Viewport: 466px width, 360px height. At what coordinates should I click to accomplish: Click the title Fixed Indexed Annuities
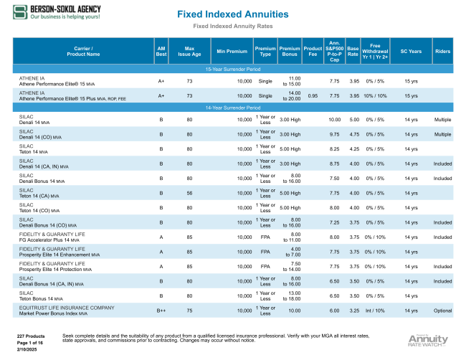[232, 14]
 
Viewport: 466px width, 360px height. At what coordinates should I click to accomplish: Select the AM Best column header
[161, 50]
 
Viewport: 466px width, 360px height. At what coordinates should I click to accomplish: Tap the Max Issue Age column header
[189, 50]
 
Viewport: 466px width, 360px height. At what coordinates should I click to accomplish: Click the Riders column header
[442, 50]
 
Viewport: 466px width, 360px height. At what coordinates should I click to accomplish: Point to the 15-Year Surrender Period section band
[232, 70]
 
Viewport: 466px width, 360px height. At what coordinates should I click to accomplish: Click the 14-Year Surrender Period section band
[232, 107]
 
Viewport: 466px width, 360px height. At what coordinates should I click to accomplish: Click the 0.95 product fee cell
[313, 95]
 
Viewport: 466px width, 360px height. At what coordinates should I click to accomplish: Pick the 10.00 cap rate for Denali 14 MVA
[334, 119]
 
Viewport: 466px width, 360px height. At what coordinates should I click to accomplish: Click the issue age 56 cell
[189, 194]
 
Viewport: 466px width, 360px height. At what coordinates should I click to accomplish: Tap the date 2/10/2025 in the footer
[26, 348]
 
